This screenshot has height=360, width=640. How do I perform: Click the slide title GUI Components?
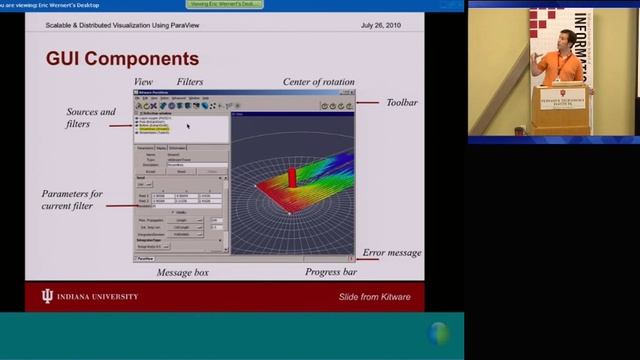point(122,59)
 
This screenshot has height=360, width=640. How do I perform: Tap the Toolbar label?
point(400,102)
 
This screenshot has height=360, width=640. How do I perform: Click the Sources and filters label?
point(91,118)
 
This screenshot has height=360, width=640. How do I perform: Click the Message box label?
point(182,272)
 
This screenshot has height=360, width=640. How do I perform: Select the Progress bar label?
point(331,272)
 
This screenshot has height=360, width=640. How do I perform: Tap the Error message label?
point(391,253)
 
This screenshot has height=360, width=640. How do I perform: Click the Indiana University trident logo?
point(46,296)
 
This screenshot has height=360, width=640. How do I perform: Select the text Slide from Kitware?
point(375,297)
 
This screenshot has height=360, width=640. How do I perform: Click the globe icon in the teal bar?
point(438,334)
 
